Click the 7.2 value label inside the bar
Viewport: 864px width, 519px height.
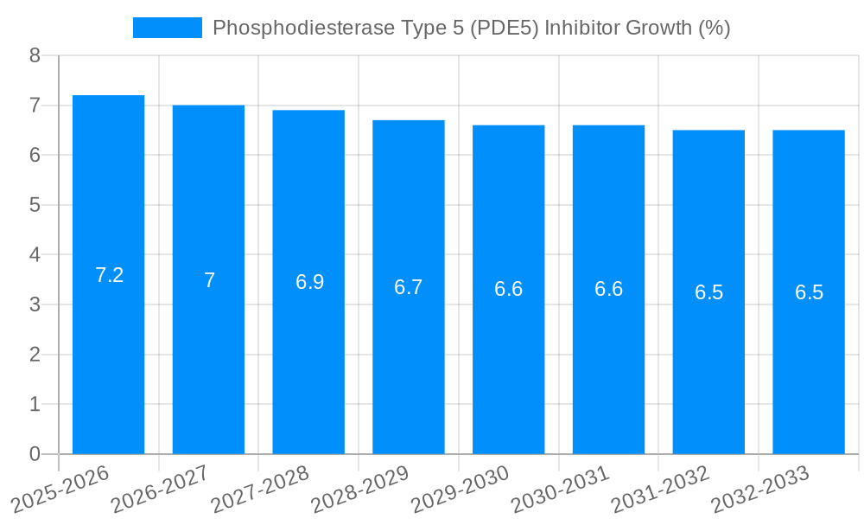coord(109,275)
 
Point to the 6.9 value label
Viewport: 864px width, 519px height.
coord(309,282)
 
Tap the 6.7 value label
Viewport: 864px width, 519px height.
coord(409,287)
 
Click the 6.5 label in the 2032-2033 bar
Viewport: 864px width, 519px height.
coord(809,292)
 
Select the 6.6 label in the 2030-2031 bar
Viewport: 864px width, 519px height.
coord(608,289)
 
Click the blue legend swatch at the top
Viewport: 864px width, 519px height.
coord(167,28)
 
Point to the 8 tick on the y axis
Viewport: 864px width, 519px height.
coord(35,55)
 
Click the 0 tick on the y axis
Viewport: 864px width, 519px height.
coord(35,454)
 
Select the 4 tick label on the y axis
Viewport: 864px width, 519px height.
coord(35,255)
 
